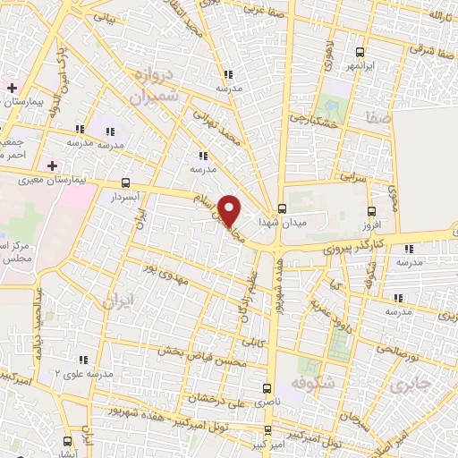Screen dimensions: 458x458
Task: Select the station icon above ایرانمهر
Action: click(x=360, y=52)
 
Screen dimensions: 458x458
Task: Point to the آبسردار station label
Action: click(x=123, y=196)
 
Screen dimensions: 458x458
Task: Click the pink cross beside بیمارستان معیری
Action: click(x=53, y=165)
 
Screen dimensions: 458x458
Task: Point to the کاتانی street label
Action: click(x=253, y=339)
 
